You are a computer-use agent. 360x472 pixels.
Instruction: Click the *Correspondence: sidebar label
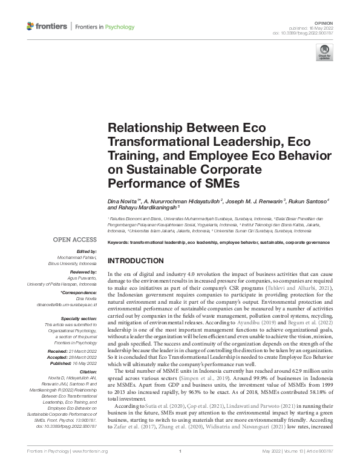[x=79, y=292]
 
